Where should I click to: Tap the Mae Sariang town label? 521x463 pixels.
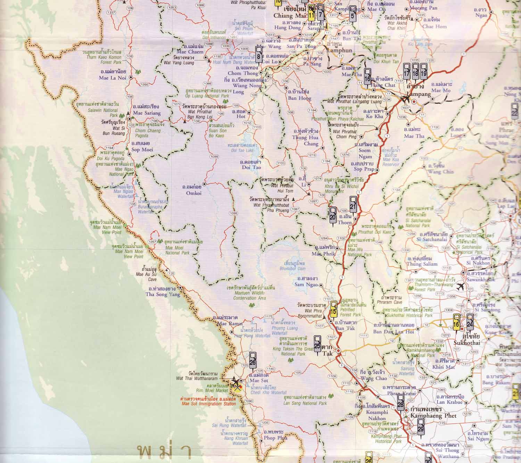[x=147, y=113]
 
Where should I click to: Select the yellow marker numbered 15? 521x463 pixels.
[x=333, y=309]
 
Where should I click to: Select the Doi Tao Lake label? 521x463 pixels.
[x=242, y=150]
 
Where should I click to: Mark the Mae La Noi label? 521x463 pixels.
[x=113, y=78]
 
